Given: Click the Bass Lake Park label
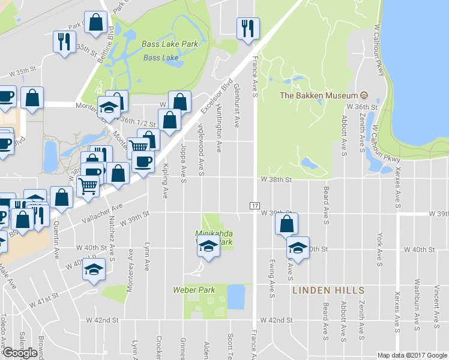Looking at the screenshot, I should pos(170,44).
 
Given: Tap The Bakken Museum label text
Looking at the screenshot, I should pos(318,95).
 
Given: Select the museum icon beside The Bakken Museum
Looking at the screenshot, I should pos(363,95).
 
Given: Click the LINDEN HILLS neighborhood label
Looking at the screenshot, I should pos(328,290).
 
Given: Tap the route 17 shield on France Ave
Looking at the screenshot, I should pos(254,205).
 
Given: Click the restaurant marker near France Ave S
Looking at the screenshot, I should pos(248,27).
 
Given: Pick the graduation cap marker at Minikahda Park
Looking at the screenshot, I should pos(208,247).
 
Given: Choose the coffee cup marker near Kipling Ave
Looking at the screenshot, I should pos(143,162).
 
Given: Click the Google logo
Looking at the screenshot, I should pos(20,352).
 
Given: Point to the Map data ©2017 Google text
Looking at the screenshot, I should pos(412,355).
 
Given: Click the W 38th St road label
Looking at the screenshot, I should pos(276,179).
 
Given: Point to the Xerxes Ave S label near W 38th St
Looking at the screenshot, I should pos(398,179).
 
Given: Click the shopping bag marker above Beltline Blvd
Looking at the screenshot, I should pos(96,23).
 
